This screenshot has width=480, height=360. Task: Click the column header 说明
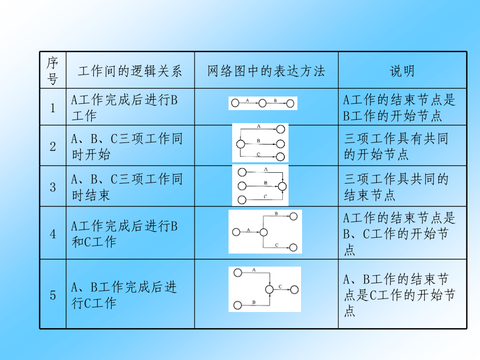click(402, 71)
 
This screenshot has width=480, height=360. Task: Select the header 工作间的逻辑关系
click(130, 71)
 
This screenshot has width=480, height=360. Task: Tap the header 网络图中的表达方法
click(266, 71)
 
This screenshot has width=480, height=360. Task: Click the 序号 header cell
click(53, 70)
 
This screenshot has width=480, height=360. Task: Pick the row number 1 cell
click(53, 108)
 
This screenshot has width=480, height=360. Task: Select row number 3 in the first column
click(53, 187)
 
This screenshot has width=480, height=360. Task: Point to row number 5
click(53, 295)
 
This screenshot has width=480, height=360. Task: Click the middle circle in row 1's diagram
click(262, 103)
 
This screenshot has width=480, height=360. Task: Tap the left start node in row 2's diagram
click(241, 144)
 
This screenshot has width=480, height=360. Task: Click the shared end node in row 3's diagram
click(282, 186)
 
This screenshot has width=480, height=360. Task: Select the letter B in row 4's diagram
click(276, 213)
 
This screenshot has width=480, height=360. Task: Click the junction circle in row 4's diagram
click(263, 232)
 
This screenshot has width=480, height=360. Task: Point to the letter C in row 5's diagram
click(280, 286)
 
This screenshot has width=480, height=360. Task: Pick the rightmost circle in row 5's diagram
click(294, 290)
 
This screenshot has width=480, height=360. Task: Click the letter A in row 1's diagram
click(247, 100)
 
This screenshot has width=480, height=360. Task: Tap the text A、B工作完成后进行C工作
click(124, 295)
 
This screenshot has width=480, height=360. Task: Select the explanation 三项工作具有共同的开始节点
click(396, 146)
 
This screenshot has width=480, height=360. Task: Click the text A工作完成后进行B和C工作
click(124, 234)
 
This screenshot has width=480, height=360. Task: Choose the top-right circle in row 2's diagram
click(280, 129)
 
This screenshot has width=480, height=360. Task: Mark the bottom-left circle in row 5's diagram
click(237, 305)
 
